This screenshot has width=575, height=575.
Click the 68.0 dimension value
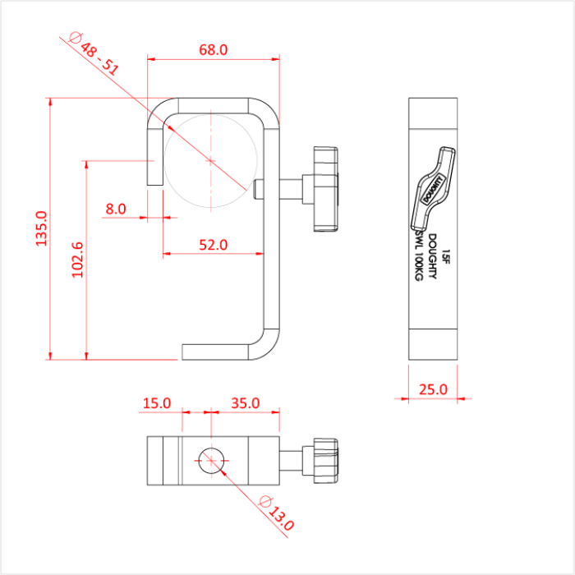(x=213, y=49)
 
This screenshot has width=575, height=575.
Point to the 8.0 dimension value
(x=116, y=209)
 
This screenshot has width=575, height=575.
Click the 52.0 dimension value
(x=213, y=245)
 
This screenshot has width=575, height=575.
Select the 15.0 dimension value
(x=156, y=403)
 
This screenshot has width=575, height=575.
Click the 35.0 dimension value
(x=245, y=403)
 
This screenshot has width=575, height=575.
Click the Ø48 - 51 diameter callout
(x=94, y=54)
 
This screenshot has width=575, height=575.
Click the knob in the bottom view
(x=322, y=461)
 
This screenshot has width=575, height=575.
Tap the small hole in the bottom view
(x=211, y=462)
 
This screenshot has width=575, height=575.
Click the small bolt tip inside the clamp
(x=259, y=188)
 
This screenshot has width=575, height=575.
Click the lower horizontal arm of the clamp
(x=218, y=352)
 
